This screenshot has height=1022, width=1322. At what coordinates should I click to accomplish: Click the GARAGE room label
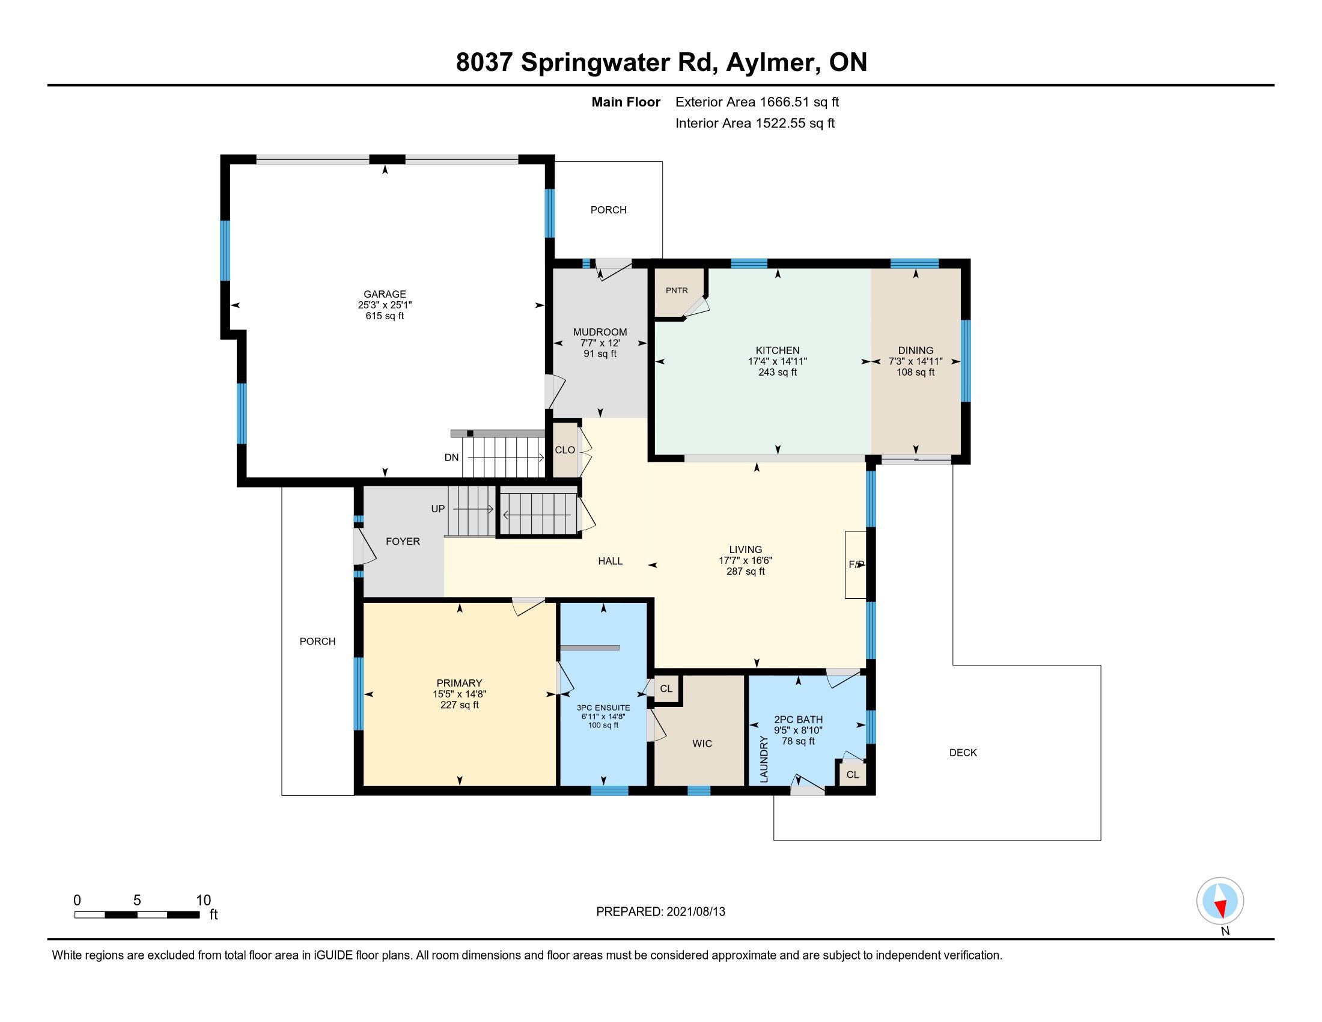385,294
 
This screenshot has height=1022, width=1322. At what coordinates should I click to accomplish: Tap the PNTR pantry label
677,290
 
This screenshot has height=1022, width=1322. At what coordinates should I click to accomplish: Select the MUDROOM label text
600,332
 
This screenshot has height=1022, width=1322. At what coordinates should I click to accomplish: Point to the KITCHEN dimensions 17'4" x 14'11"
777,361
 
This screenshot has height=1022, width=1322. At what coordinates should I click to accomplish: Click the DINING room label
915,350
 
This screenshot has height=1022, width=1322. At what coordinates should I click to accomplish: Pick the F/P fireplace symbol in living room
856,565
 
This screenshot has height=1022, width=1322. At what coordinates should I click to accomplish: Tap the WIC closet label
702,744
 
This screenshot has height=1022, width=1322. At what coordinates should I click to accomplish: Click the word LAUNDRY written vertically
763,759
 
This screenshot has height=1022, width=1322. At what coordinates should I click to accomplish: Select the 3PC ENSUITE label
603,708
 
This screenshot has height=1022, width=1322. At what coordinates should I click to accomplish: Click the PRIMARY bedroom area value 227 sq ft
460,705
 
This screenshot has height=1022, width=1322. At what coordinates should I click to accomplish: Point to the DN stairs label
451,457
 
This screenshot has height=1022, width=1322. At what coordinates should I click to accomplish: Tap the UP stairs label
437,509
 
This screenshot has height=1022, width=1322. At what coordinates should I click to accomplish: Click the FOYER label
403,541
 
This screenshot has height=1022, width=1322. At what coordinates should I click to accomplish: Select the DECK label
963,753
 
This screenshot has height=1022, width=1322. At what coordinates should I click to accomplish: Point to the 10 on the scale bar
203,900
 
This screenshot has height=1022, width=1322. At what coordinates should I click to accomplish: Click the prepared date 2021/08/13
695,911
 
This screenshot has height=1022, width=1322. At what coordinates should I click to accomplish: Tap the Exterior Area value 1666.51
784,102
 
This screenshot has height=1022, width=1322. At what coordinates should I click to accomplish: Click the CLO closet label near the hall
565,450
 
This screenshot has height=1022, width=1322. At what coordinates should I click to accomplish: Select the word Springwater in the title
596,63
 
